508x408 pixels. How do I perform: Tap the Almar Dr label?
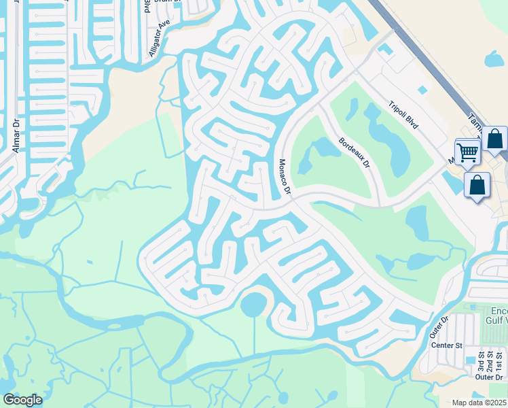[x=15, y=136]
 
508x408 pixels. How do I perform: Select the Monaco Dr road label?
[x=284, y=177]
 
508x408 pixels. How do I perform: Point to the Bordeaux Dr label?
[x=354, y=154]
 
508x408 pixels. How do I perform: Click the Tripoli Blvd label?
[x=403, y=116]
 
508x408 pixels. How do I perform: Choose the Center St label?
[x=446, y=345]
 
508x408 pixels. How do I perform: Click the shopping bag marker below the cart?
[x=477, y=186]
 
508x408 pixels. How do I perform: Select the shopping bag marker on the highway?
[x=496, y=140]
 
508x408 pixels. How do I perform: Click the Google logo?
[x=22, y=400]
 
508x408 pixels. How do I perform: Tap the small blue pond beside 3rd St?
[x=471, y=360]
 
